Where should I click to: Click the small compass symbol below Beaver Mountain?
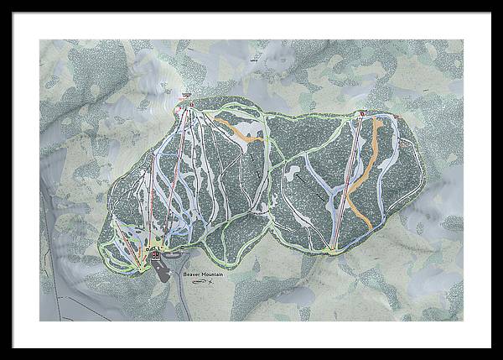click(x=201, y=284)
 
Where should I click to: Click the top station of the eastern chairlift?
click(x=362, y=114)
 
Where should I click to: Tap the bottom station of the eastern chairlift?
click(x=334, y=248)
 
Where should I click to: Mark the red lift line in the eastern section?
click(x=348, y=180)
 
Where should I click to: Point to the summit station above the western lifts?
click(x=190, y=105)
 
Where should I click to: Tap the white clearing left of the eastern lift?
click(x=293, y=175)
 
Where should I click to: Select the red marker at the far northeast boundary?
click(x=396, y=116)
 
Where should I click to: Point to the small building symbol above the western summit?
click(x=186, y=95)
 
